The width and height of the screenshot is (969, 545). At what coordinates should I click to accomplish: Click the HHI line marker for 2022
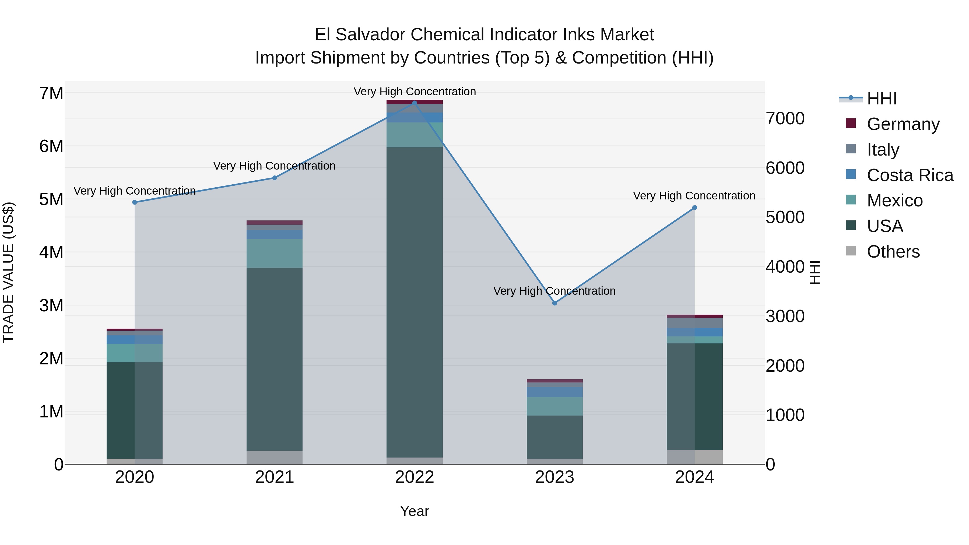click(x=415, y=103)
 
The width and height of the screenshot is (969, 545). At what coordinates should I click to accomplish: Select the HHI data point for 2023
click(x=554, y=303)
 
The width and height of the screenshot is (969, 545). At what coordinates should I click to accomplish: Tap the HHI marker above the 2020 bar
click(x=135, y=202)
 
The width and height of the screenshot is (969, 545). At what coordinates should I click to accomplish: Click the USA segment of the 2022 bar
click(x=415, y=301)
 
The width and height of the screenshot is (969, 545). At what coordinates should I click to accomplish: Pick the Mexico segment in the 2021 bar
click(x=275, y=253)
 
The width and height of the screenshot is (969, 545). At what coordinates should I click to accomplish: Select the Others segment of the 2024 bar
click(x=694, y=457)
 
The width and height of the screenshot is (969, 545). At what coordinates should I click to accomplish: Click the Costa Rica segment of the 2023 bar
click(x=554, y=392)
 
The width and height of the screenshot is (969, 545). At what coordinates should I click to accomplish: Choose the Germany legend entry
click(x=903, y=124)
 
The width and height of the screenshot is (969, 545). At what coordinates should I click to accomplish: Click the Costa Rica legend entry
click(x=910, y=175)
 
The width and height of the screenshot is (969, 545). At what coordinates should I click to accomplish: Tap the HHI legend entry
click(x=881, y=99)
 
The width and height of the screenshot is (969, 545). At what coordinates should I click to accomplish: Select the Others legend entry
click(x=893, y=252)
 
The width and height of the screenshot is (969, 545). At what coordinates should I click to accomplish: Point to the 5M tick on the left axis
click(x=51, y=199)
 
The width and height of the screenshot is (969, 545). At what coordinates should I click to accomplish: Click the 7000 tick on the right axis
click(x=785, y=118)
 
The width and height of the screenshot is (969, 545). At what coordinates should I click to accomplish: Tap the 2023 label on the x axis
click(x=554, y=477)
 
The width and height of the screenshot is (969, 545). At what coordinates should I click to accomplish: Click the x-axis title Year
click(x=415, y=511)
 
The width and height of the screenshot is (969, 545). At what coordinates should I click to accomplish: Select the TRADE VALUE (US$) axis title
click(x=8, y=272)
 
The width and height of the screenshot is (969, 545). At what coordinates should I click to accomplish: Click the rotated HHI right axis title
click(x=814, y=272)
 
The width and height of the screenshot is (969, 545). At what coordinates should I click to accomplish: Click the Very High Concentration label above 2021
click(x=274, y=166)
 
